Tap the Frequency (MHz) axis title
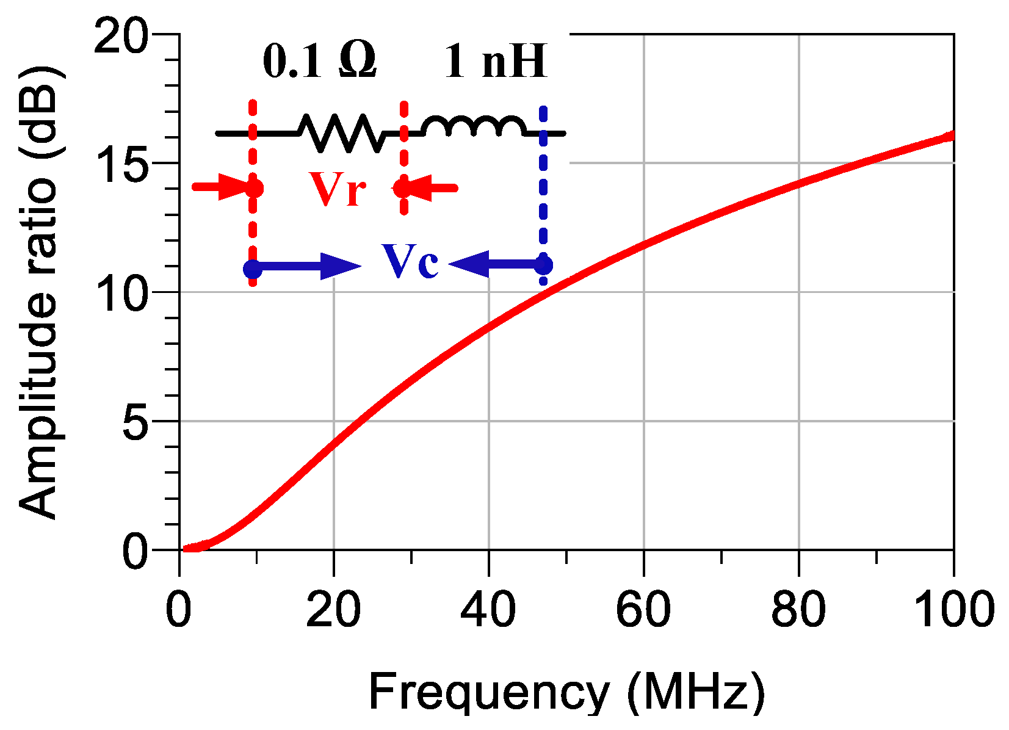[566, 693]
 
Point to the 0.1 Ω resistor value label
[319, 61]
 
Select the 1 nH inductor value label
[495, 61]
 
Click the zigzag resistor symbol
[341, 132]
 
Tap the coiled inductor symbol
[474, 126]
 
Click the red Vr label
[338, 189]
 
